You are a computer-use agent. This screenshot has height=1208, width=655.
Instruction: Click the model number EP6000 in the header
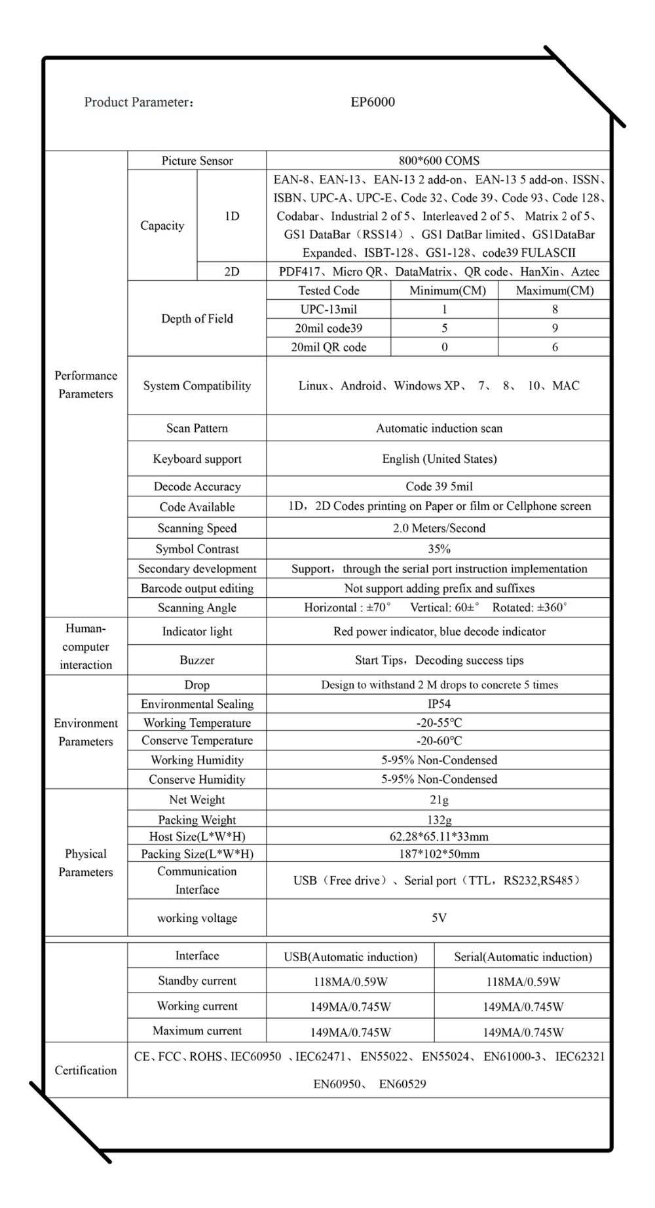click(373, 102)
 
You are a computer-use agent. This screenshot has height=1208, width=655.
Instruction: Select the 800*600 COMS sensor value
click(439, 160)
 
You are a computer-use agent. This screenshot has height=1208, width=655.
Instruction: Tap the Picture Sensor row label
click(197, 160)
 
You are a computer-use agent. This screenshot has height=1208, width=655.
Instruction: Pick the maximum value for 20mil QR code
click(555, 347)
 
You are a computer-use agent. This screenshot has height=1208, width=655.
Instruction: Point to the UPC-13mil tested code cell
click(329, 309)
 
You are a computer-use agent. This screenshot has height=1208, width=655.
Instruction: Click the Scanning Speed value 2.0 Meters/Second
click(439, 528)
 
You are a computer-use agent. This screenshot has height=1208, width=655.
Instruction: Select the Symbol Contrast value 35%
click(439, 549)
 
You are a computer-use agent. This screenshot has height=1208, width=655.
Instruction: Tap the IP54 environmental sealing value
click(439, 704)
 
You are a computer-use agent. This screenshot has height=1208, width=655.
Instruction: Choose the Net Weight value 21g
click(439, 799)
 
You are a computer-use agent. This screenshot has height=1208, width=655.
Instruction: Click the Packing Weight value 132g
click(439, 820)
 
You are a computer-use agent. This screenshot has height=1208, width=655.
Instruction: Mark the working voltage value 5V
click(439, 918)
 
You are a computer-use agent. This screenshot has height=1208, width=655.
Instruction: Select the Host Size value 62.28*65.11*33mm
click(439, 837)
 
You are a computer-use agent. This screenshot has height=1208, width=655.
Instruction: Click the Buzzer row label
click(197, 660)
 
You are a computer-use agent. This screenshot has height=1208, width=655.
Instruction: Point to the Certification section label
click(86, 1071)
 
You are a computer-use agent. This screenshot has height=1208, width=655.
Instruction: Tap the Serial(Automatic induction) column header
click(523, 957)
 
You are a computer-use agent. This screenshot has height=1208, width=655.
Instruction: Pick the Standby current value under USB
click(350, 981)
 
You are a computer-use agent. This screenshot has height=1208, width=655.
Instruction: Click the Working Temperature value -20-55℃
click(439, 723)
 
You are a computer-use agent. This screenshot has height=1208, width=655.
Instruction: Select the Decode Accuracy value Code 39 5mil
click(439, 486)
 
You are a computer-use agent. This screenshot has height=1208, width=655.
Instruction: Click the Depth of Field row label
click(197, 319)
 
